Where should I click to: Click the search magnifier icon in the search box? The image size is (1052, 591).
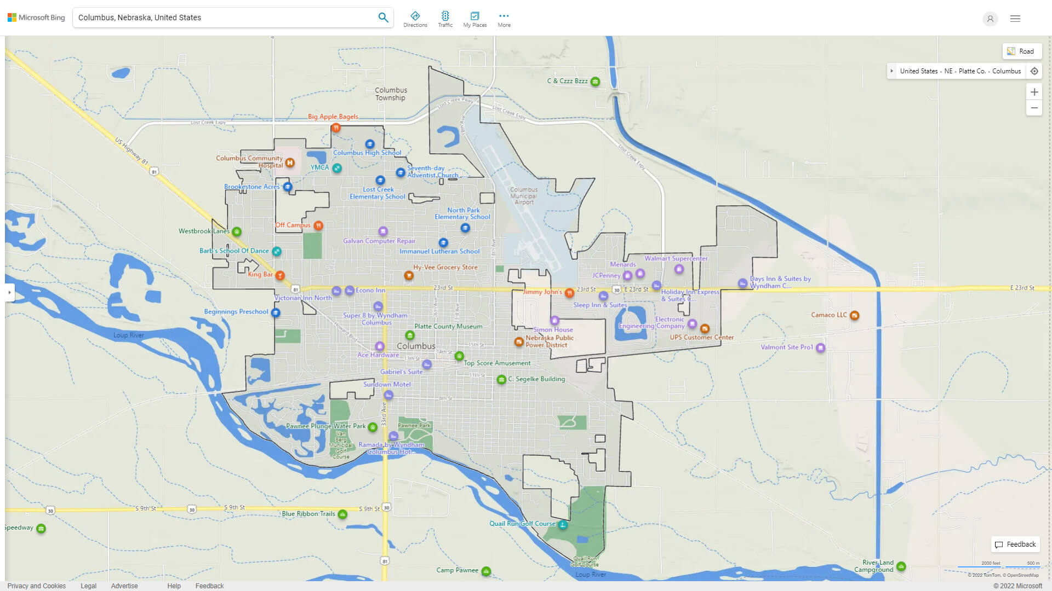(x=383, y=18)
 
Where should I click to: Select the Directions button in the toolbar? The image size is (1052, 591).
(x=415, y=19)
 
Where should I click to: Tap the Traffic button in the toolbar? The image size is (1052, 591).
(x=445, y=19)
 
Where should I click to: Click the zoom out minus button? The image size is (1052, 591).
(x=1034, y=108)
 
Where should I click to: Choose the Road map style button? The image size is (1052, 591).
(x=1021, y=51)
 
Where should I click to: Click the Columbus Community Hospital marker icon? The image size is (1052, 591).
(x=290, y=163)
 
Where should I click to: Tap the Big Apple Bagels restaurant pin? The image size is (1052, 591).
(x=336, y=128)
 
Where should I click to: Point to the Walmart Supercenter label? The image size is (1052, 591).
(x=676, y=258)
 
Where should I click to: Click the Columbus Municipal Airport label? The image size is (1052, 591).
(x=524, y=196)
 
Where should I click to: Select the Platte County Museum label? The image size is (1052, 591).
(x=448, y=326)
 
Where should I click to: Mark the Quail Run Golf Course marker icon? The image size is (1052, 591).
(x=563, y=525)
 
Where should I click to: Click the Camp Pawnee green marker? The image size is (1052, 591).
(x=486, y=571)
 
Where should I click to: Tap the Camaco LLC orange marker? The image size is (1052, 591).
(x=854, y=315)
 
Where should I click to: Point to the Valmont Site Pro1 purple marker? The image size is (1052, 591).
(x=820, y=347)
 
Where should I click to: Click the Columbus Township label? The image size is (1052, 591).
(x=391, y=94)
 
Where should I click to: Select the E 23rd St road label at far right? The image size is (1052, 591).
(x=1022, y=288)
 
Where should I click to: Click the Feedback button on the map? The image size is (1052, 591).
(x=1015, y=544)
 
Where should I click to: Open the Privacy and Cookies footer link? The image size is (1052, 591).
(x=36, y=586)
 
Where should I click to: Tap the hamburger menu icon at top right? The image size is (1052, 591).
(x=1015, y=19)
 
